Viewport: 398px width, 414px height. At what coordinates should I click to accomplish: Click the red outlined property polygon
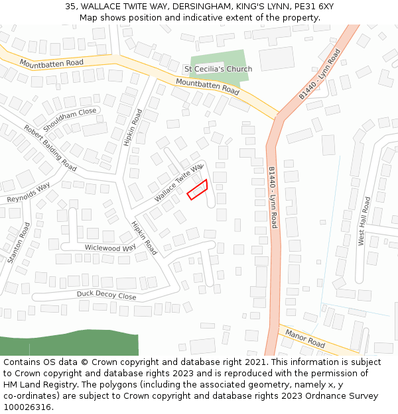pos(198,189)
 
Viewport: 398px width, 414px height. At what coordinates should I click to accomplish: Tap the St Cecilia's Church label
pos(218,69)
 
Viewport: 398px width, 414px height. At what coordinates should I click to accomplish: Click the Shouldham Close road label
pos(70,119)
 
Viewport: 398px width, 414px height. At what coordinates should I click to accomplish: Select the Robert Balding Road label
pos(50,146)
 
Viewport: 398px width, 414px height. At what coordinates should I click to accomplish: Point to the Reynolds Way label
pos(29,193)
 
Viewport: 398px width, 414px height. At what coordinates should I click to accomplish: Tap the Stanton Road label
pos(19,243)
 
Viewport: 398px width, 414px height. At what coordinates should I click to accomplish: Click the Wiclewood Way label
pos(110,247)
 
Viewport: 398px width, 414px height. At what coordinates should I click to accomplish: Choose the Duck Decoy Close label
pos(106,295)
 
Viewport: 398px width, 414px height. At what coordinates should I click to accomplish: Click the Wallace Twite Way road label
pos(178,183)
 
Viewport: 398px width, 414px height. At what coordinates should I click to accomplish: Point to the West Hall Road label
pos(364,221)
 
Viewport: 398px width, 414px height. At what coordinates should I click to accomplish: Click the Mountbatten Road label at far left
pos(51,63)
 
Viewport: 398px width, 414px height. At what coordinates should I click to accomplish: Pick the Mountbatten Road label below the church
pos(207,85)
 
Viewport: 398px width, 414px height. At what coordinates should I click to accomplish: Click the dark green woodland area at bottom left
pos(66,344)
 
